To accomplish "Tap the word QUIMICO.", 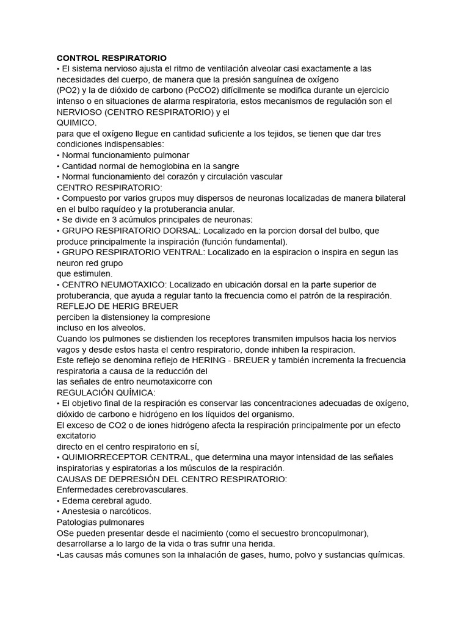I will (x=76, y=122).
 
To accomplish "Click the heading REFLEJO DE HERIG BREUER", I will (x=117, y=306).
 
